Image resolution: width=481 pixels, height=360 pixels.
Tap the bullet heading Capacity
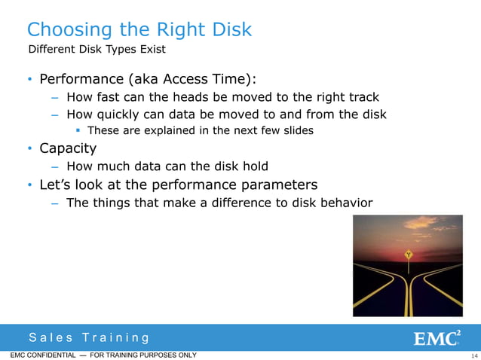(68, 148)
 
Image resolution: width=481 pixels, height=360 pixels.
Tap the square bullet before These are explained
(79, 131)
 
